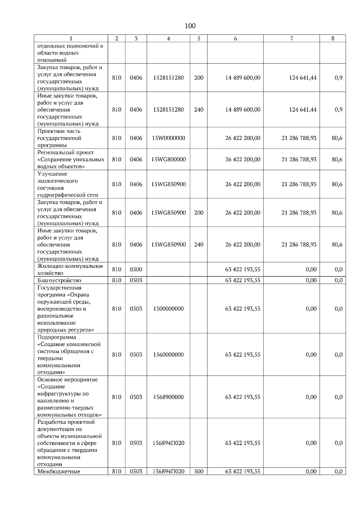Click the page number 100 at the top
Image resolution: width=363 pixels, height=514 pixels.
[190, 26]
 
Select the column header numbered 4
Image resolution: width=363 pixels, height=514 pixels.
[168, 38]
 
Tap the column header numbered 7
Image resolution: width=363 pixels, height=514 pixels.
[291, 38]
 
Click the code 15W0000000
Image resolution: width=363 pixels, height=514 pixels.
[168, 138]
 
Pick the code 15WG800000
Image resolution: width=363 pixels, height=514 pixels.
[168, 160]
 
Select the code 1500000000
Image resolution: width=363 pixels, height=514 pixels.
[168, 309]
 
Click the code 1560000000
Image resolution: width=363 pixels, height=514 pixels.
[168, 355]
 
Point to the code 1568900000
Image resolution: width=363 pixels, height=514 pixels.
[168, 397]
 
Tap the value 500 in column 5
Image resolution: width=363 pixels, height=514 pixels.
[199, 472]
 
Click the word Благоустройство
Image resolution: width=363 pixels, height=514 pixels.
[59, 280]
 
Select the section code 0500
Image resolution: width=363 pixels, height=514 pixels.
[136, 269]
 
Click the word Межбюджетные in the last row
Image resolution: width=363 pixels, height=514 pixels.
[59, 472]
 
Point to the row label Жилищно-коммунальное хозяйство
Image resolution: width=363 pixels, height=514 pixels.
[70, 269]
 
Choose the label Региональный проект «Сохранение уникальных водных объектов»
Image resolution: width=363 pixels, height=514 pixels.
[71, 160]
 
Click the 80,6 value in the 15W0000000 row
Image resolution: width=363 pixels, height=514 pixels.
[337, 138]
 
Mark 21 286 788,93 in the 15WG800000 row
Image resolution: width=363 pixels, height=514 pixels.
[299, 160]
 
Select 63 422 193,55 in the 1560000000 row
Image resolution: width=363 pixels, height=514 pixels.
[243, 355]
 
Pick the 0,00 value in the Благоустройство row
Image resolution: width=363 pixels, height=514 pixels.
[311, 280]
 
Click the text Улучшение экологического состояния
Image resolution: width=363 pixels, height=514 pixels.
[57, 181]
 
